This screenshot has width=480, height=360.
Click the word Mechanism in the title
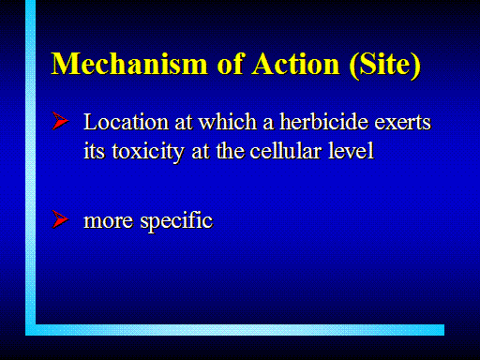129,64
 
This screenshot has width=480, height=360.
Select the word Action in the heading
295,64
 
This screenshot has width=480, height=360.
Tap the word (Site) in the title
385,65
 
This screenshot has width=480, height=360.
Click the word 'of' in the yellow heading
230,64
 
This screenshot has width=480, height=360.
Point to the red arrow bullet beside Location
60,121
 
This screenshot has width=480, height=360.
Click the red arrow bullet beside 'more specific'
60,219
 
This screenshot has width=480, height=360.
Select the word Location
127,122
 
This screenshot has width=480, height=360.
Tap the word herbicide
324,121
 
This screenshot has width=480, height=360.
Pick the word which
228,121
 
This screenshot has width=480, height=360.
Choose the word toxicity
148,152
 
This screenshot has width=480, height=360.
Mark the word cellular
286,151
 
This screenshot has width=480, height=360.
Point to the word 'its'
94,151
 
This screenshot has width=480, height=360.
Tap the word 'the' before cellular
230,151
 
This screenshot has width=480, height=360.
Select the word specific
176,221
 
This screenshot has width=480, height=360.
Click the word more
109,221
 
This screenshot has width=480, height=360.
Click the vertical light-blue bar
30,168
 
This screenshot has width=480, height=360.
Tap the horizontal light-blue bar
234,330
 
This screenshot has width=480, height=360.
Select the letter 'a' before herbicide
268,124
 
